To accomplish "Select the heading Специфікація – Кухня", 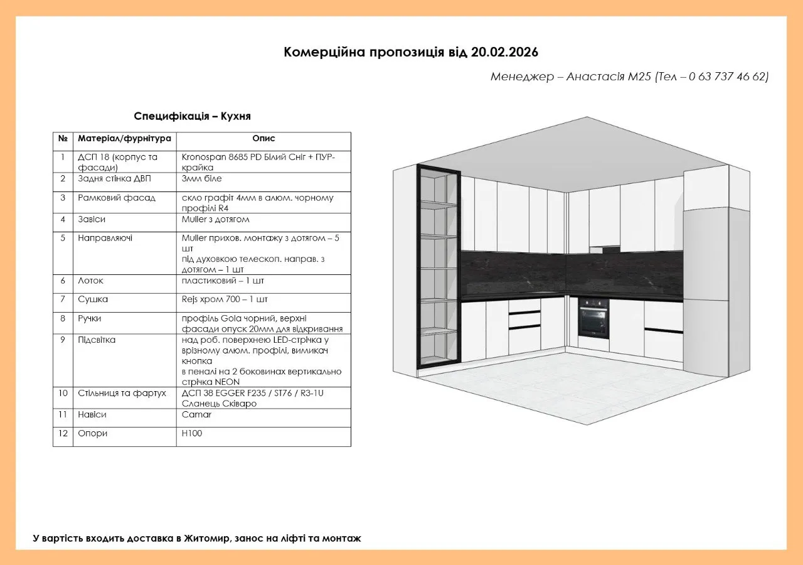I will pyautogui.click(x=193, y=116).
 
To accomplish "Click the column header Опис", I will pyautogui.click(x=263, y=139).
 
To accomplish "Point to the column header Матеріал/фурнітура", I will pyautogui.click(x=124, y=139).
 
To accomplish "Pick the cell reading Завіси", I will pyautogui.click(x=92, y=220).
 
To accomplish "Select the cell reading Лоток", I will pyautogui.click(x=90, y=281).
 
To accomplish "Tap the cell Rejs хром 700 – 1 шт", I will pyautogui.click(x=225, y=299).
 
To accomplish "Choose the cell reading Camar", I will pyautogui.click(x=196, y=415).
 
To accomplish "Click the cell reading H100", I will pyautogui.click(x=192, y=434).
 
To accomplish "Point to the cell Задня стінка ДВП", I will pyautogui.click(x=114, y=179).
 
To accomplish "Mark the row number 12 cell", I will pyautogui.click(x=63, y=434).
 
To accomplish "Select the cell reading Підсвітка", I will pyautogui.click(x=97, y=340).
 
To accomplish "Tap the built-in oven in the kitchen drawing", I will pyautogui.click(x=593, y=318).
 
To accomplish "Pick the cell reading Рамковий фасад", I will pyautogui.click(x=117, y=198).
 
